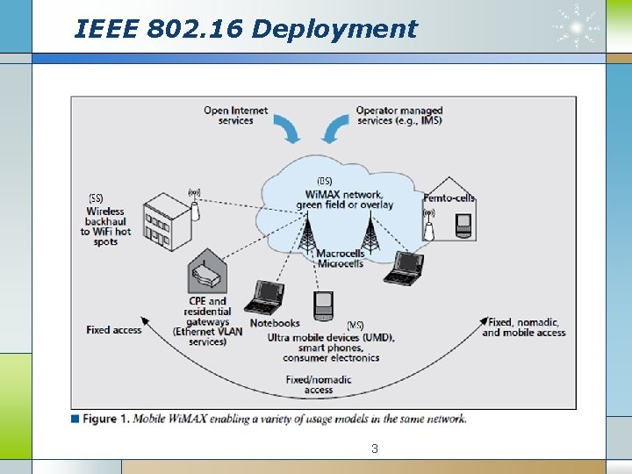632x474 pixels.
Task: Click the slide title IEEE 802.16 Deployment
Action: [247, 29]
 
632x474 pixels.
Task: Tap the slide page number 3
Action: [375, 449]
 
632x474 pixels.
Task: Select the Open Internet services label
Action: [235, 115]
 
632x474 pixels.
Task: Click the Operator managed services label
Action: [399, 115]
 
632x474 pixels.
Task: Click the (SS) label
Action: [96, 197]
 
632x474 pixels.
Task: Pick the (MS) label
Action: [355, 325]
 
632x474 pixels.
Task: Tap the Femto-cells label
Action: [449, 197]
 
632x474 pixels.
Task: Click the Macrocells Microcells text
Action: [341, 258]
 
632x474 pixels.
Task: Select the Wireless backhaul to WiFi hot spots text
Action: [105, 226]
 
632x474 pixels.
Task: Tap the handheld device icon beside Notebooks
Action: [324, 304]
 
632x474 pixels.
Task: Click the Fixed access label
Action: [113, 330]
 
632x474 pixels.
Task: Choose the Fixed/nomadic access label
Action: [319, 384]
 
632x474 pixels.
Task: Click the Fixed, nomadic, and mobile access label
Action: [524, 327]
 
